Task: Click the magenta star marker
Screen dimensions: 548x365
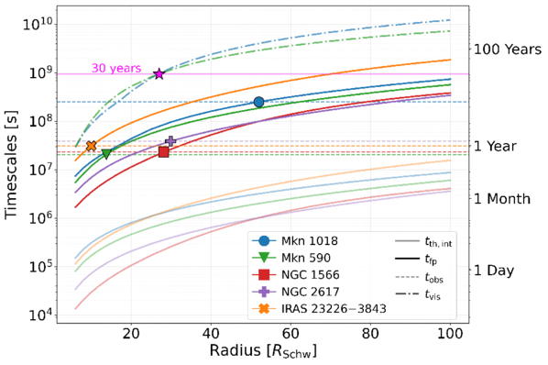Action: pyautogui.click(x=159, y=73)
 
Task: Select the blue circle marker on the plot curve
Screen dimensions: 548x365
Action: pyautogui.click(x=258, y=102)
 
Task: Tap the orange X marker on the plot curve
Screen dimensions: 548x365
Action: pyautogui.click(x=92, y=146)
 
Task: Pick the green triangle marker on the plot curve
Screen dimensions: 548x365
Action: pyautogui.click(x=106, y=154)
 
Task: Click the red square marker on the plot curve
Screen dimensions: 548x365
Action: pyautogui.click(x=163, y=152)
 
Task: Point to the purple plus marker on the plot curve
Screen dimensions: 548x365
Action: pyautogui.click(x=170, y=141)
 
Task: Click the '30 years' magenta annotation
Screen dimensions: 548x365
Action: pyautogui.click(x=116, y=68)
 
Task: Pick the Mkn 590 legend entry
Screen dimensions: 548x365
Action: pyautogui.click(x=291, y=258)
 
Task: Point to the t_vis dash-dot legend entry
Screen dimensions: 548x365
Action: pyautogui.click(x=418, y=293)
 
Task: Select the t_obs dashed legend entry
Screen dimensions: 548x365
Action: pyautogui.click(x=420, y=277)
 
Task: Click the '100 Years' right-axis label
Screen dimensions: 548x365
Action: pyautogui.click(x=508, y=50)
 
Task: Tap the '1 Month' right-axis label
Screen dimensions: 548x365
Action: pyautogui.click(x=502, y=199)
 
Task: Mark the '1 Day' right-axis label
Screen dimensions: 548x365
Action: pyautogui.click(x=494, y=271)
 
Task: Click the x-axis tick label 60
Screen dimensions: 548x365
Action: pyautogui.click(x=290, y=334)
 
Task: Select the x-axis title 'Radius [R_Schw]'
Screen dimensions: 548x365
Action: pyautogui.click(x=263, y=351)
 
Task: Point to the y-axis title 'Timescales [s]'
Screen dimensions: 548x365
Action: pyautogui.click(x=11, y=165)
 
